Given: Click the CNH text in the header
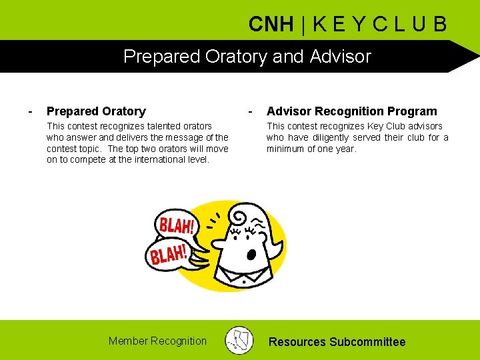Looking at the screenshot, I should coord(271,25).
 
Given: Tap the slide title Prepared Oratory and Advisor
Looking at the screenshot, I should coord(247,56).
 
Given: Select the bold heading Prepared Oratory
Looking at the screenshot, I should coord(96,111).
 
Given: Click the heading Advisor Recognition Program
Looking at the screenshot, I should coord(352,111).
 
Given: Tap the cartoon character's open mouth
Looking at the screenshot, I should coord(251,254).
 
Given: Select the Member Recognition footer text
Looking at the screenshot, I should coord(157,341).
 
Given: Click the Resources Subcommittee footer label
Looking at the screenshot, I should coord(337,342).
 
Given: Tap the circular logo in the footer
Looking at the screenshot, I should coord(239,340).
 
